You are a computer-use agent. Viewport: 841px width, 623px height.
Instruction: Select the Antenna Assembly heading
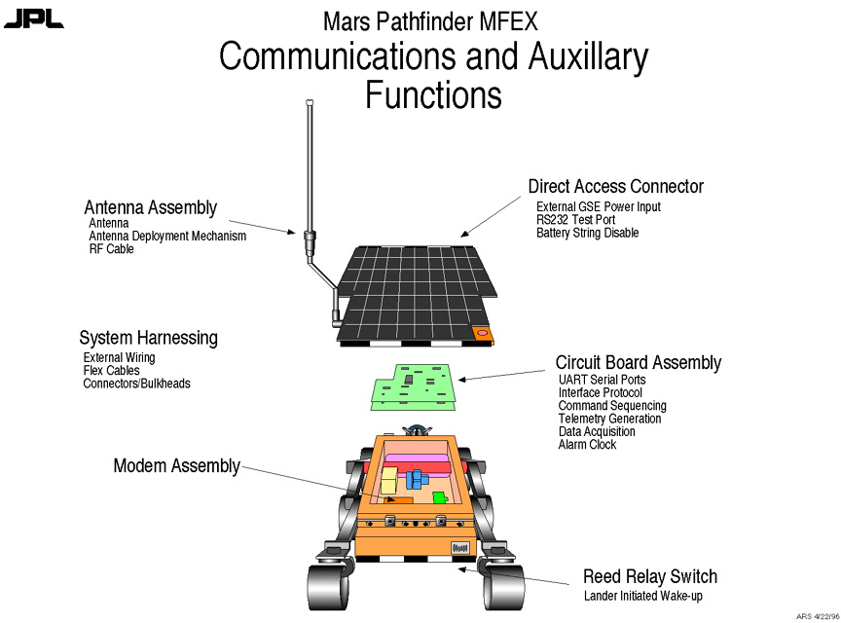pyautogui.click(x=150, y=207)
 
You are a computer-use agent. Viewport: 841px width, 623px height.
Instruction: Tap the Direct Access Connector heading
pyautogui.click(x=615, y=186)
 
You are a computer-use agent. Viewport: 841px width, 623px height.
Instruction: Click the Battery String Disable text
pyautogui.click(x=587, y=234)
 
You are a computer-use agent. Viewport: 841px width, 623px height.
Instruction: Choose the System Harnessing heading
pyautogui.click(x=148, y=339)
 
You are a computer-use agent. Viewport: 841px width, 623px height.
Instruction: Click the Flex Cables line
pyautogui.click(x=111, y=371)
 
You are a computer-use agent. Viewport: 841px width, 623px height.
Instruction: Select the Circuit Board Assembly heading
pyautogui.click(x=638, y=363)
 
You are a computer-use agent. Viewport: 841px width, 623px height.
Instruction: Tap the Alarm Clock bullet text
pyautogui.click(x=587, y=445)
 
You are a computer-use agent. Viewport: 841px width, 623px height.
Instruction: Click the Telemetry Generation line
pyautogui.click(x=609, y=419)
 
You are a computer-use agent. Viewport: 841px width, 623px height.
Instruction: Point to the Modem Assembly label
pyautogui.click(x=176, y=466)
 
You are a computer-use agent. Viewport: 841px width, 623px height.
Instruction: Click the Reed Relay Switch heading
pyautogui.click(x=649, y=577)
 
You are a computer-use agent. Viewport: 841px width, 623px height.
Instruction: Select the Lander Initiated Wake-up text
pyautogui.click(x=642, y=596)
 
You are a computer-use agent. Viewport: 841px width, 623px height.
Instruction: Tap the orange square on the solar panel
pyautogui.click(x=481, y=333)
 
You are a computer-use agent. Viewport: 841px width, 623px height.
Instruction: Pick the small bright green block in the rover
pyautogui.click(x=439, y=498)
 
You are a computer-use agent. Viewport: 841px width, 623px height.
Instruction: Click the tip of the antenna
pyautogui.click(x=310, y=101)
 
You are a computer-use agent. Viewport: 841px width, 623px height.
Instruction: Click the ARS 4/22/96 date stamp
pyautogui.click(x=816, y=616)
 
